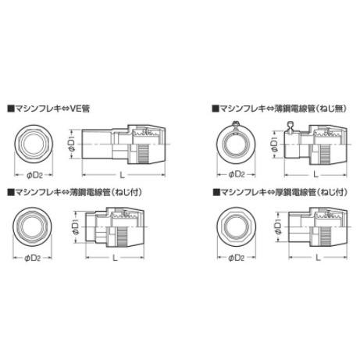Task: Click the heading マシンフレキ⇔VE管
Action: [48, 109]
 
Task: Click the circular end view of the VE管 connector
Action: [33, 144]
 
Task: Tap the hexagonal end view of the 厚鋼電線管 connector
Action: [235, 226]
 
